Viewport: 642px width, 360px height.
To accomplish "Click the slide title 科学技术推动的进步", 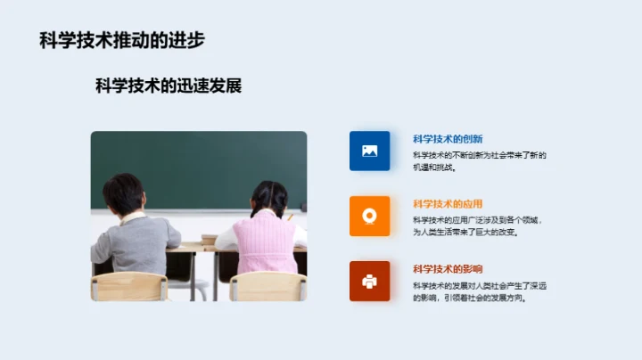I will click(x=122, y=40).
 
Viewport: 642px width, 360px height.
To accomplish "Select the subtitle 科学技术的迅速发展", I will click(x=169, y=86).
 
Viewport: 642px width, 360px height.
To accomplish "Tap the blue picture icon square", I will click(x=369, y=151).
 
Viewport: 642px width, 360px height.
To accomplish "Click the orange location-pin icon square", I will click(x=369, y=216).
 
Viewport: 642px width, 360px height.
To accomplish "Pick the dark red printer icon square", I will click(x=369, y=281).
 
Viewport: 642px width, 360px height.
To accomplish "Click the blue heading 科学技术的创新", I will click(x=448, y=139).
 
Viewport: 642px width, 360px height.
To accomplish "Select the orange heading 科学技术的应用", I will click(x=448, y=204).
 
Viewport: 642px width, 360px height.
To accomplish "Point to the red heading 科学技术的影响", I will click(x=448, y=269).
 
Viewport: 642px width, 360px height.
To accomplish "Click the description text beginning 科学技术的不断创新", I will click(x=479, y=160).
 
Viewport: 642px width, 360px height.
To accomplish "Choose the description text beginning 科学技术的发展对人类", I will click(x=479, y=290).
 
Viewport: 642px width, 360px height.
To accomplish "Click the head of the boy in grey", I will click(x=123, y=192).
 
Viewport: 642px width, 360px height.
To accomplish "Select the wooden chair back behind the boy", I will click(x=130, y=287).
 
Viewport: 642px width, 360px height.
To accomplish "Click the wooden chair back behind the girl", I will click(x=267, y=287).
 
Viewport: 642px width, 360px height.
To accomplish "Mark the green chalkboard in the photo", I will click(x=196, y=165).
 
